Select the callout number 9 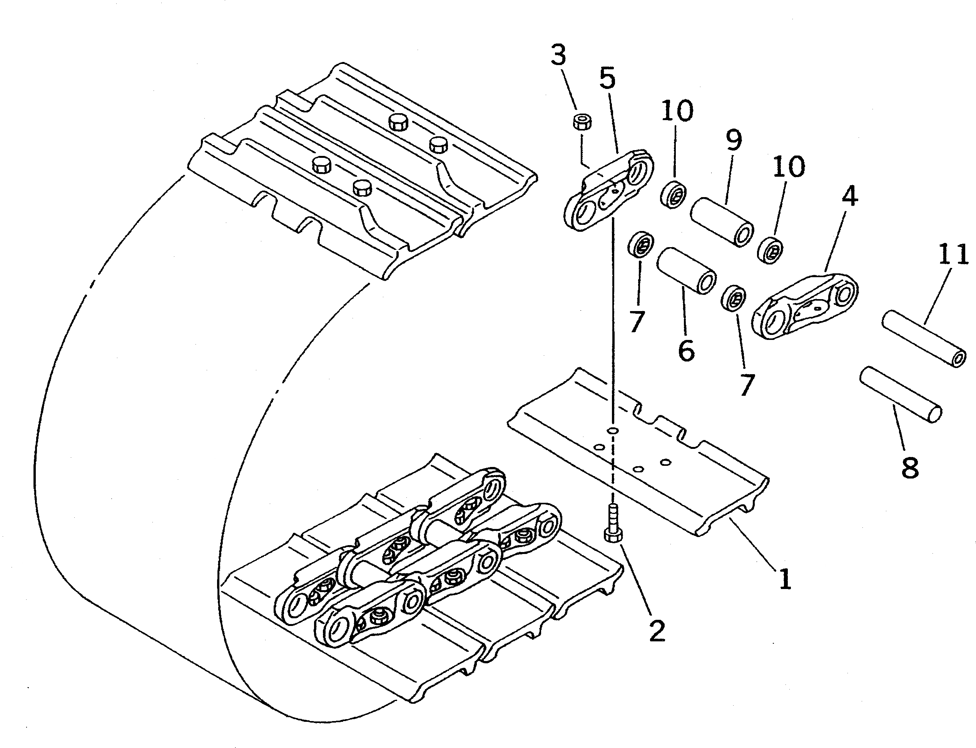pos(734,140)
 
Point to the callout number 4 pos(849,196)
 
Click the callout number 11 pos(953,255)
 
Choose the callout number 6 pos(686,350)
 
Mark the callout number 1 pos(785,579)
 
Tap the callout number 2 pos(657,630)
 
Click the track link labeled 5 pos(608,192)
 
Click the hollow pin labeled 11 pos(924,338)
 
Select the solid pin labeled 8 pos(900,395)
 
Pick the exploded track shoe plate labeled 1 pos(637,450)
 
